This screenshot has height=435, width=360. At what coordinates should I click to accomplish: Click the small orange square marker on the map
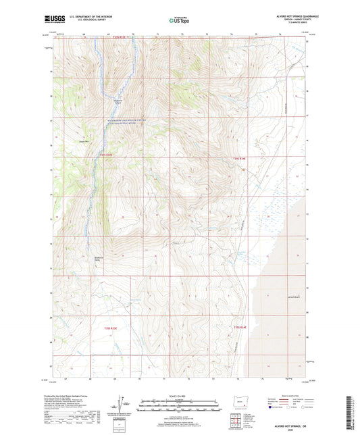pyautogui.click(x=243, y=171)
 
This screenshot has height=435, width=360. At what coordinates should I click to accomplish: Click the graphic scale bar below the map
pyautogui.click(x=180, y=407)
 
